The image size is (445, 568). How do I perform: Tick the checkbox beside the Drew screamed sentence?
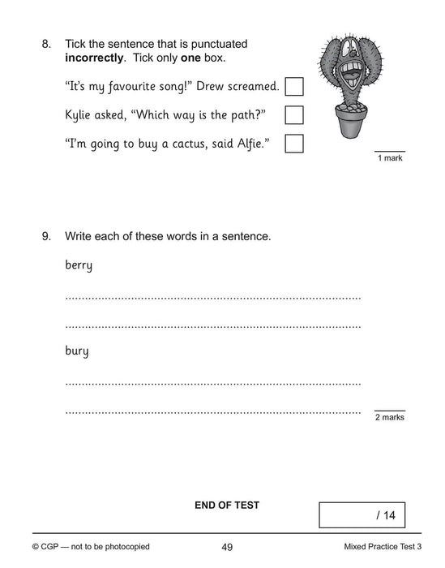[x=295, y=86]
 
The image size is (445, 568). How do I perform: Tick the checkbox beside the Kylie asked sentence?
[x=295, y=114]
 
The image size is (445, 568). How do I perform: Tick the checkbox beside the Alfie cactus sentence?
[x=295, y=144]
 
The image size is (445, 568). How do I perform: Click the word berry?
[x=79, y=265]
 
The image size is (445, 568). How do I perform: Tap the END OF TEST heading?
[x=226, y=505]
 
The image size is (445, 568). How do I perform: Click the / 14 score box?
[x=362, y=514]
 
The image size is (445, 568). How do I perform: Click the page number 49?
[x=227, y=547]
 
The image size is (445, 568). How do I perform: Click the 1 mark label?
[x=390, y=158]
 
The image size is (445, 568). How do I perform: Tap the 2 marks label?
[x=389, y=417]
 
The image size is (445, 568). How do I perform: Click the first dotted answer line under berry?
[x=212, y=298]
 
